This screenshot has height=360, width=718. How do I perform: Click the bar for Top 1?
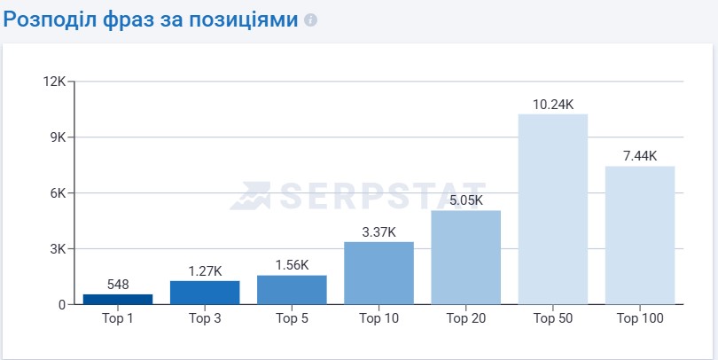click(118, 299)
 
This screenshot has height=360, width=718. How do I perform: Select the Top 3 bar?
click(205, 293)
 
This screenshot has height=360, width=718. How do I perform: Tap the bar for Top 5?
click(292, 290)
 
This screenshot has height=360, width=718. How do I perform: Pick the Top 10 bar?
click(379, 273)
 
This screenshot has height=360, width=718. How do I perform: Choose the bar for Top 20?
click(465, 257)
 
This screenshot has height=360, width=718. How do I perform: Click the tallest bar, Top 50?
click(553, 209)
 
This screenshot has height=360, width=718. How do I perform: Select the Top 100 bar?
click(640, 235)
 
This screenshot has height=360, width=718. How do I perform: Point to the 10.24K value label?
click(553, 104)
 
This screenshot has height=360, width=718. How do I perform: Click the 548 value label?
click(118, 285)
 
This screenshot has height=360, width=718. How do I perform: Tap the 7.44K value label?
click(640, 156)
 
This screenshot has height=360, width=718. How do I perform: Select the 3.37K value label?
click(379, 231)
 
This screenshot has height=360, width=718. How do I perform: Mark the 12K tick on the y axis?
click(55, 82)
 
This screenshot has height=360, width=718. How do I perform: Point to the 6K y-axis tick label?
click(58, 193)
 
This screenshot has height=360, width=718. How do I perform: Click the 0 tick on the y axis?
click(62, 305)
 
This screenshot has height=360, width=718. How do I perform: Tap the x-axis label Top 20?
click(465, 318)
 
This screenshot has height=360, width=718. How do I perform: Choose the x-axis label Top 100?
click(640, 318)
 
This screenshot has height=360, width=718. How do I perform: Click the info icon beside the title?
click(310, 20)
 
